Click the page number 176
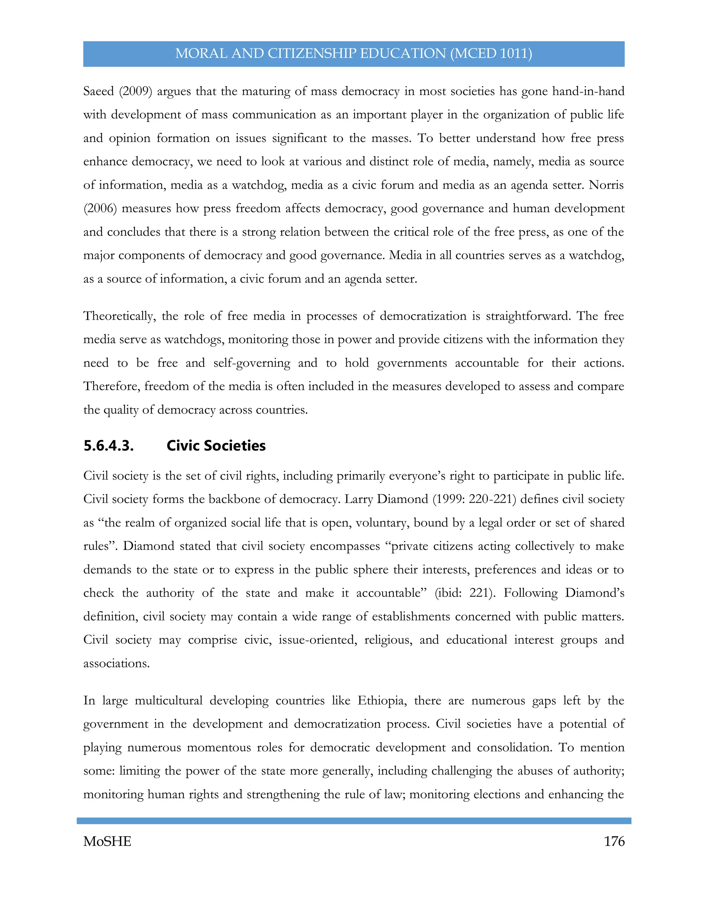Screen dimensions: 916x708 coord(614,841)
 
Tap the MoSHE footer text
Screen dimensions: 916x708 coord(108,841)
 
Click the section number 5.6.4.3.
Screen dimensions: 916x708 coord(109,446)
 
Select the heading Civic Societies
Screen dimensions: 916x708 coord(216,446)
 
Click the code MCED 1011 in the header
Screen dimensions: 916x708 coord(492,54)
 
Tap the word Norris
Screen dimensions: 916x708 coord(606,185)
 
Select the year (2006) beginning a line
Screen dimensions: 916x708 coord(100,208)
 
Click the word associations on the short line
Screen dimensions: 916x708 coord(116,664)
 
